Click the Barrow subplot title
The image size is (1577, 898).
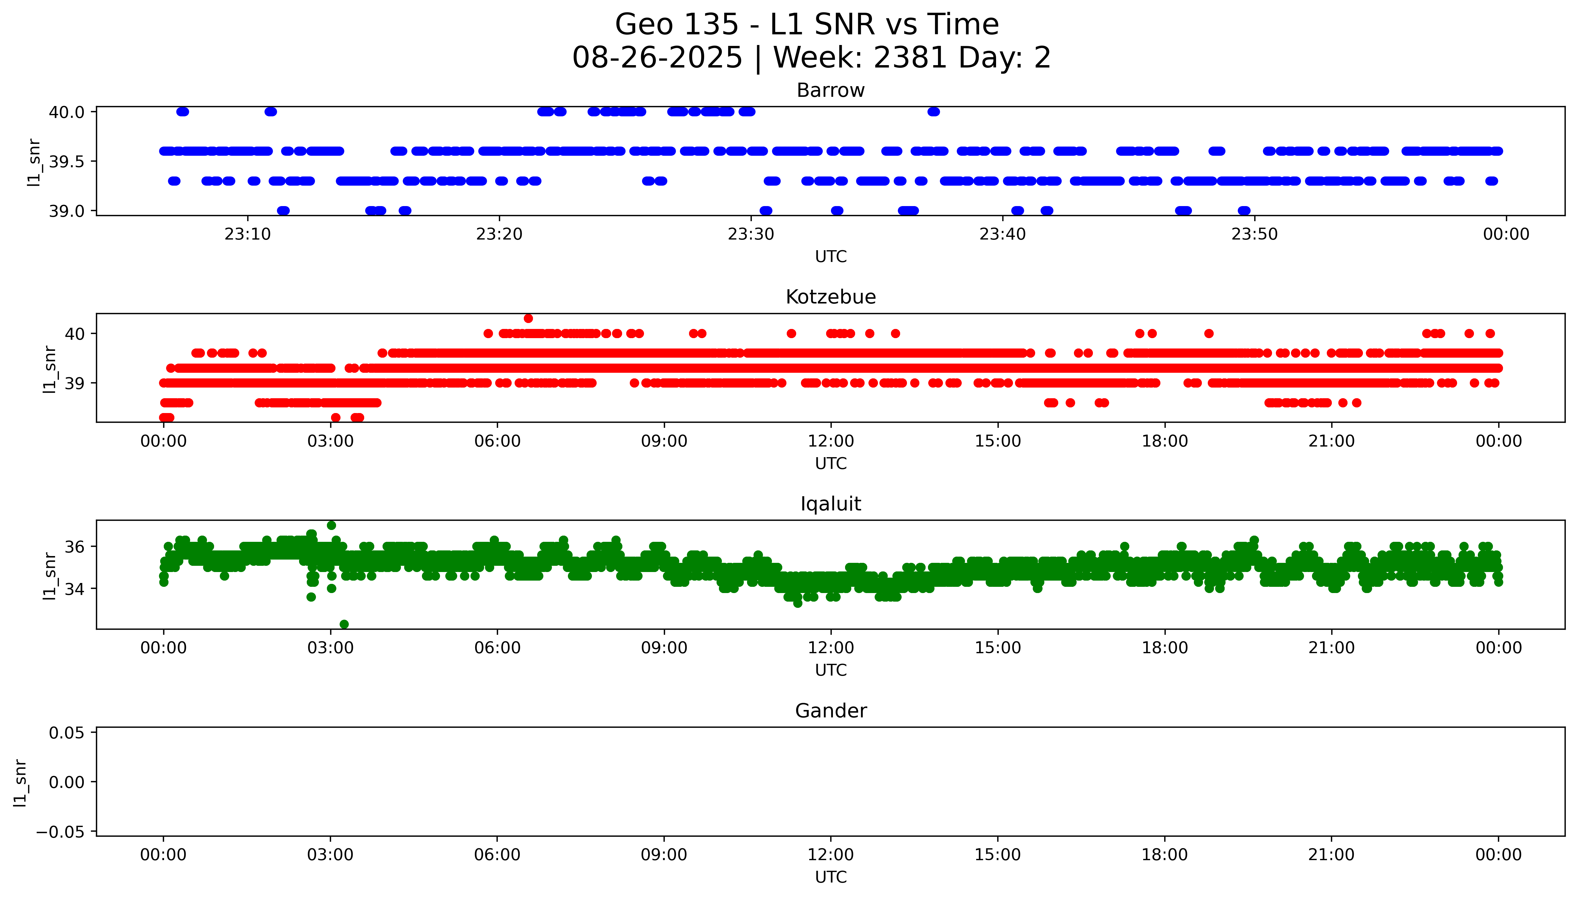tap(830, 91)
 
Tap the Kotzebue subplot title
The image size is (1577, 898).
tap(830, 297)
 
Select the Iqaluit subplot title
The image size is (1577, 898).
tap(830, 504)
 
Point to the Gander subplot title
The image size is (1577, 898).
tap(830, 711)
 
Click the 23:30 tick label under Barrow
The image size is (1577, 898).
tap(751, 234)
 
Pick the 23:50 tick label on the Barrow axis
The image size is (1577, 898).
tap(1255, 234)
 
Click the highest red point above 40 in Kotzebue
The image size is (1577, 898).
tap(528, 318)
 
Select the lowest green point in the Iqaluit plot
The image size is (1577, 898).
tap(344, 624)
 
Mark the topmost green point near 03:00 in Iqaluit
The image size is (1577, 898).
tap(331, 526)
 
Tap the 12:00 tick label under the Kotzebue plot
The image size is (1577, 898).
tap(831, 442)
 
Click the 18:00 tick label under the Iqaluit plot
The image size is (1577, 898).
tap(1165, 648)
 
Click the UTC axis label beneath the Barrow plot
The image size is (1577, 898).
tap(830, 257)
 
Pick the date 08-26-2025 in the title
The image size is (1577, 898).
tap(657, 58)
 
